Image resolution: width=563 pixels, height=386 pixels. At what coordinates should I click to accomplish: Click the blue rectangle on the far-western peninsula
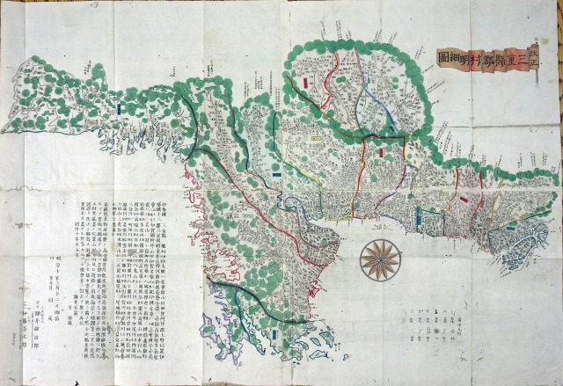click(119, 109)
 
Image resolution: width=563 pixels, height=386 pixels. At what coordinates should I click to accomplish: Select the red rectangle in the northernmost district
click(303, 84)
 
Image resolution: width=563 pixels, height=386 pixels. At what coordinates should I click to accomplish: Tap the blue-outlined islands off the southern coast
click(312, 339)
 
